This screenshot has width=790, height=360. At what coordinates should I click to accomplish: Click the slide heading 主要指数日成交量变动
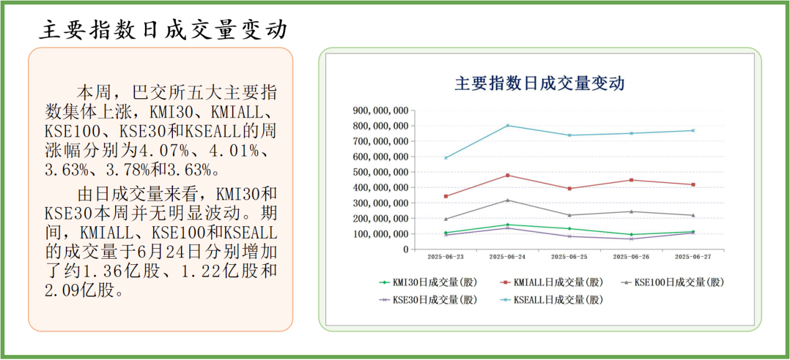tap(164, 29)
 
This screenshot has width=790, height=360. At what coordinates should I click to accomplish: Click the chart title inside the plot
tap(539, 83)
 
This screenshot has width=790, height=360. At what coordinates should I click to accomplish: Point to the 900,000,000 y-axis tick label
tap(381, 111)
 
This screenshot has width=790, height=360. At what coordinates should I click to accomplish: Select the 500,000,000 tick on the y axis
tap(381, 172)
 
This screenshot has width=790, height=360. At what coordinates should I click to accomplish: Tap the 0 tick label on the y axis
tap(405, 249)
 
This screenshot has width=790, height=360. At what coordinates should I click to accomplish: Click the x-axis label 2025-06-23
tap(445, 256)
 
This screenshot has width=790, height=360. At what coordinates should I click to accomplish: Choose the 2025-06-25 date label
tap(569, 256)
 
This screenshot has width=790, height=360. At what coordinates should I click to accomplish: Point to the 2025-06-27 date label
tap(693, 256)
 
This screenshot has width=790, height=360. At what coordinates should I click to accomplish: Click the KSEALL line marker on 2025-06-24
tap(508, 126)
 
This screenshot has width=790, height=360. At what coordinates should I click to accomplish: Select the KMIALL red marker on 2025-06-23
tap(445, 196)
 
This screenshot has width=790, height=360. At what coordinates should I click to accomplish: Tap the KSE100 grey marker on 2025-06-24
tap(508, 200)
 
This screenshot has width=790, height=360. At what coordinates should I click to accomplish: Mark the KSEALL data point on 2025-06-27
tap(693, 131)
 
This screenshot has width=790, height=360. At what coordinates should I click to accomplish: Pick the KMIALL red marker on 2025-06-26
tap(631, 180)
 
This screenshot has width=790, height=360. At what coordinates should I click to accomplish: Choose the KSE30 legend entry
tap(429, 300)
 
